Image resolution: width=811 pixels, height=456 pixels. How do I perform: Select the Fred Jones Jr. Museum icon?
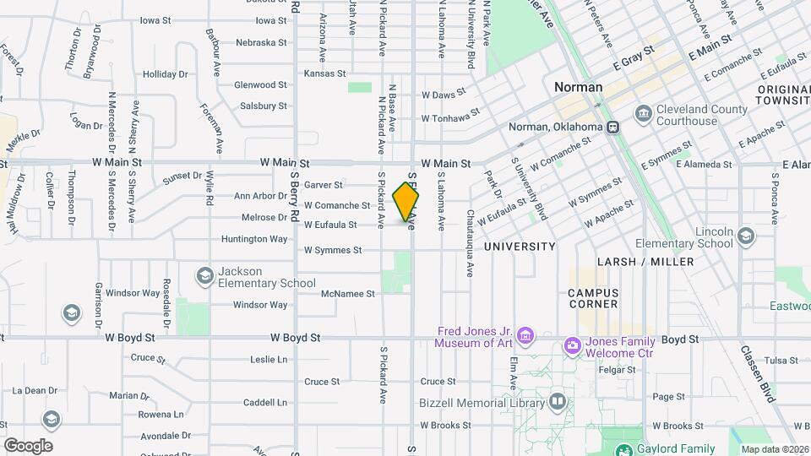pyautogui.click(x=525, y=337)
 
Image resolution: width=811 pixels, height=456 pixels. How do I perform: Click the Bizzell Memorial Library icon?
pyautogui.click(x=557, y=402)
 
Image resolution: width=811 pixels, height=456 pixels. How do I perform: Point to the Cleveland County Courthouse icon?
pyautogui.click(x=644, y=114)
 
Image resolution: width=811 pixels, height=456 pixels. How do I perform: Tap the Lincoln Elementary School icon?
pyautogui.click(x=745, y=236)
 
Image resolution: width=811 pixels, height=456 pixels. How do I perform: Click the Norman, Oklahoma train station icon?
pyautogui.click(x=613, y=128)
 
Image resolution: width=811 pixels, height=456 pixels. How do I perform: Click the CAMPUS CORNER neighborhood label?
pyautogui.click(x=593, y=298)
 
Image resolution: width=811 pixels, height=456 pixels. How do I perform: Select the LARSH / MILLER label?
pyautogui.click(x=645, y=262)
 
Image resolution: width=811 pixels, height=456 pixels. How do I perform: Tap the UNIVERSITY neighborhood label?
pyautogui.click(x=520, y=247)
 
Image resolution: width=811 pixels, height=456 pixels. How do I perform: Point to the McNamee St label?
pyautogui.click(x=348, y=294)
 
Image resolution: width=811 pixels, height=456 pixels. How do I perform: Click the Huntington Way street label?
pyautogui.click(x=254, y=239)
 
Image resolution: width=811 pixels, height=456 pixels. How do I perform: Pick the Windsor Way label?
pyautogui.click(x=133, y=293)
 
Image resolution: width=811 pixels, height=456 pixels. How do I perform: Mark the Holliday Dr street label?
pyautogui.click(x=165, y=74)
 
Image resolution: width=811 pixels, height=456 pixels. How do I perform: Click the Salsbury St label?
pyautogui.click(x=264, y=106)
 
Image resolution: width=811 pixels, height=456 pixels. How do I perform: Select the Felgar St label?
pyautogui.click(x=617, y=370)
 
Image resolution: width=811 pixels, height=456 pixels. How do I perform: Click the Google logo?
pyautogui.click(x=28, y=446)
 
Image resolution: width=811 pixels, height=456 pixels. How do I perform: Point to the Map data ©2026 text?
pyautogui.click(x=775, y=449)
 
